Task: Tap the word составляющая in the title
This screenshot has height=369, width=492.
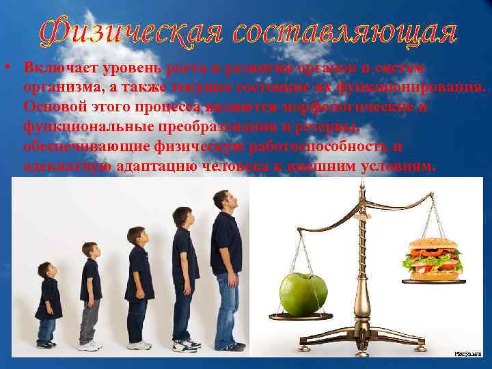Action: coord(343,31)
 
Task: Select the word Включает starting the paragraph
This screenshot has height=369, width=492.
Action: coord(55,68)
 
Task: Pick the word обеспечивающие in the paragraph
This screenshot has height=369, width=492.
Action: coord(79,147)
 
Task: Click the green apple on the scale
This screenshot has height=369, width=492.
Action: coord(303,294)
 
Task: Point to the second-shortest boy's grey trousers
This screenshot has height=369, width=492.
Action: coord(90,320)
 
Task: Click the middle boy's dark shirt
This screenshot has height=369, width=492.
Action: coord(139,273)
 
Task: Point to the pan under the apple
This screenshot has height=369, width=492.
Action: coord(301,316)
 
